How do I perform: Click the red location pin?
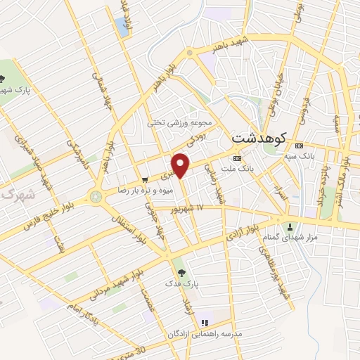coord(182,164)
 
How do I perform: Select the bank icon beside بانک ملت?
coord(236,157)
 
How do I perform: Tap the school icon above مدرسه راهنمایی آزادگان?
coord(205,322)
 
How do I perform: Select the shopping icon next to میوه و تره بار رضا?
coord(144,179)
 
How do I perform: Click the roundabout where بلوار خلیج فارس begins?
coord(95,198)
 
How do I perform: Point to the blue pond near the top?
coord(123,25)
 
